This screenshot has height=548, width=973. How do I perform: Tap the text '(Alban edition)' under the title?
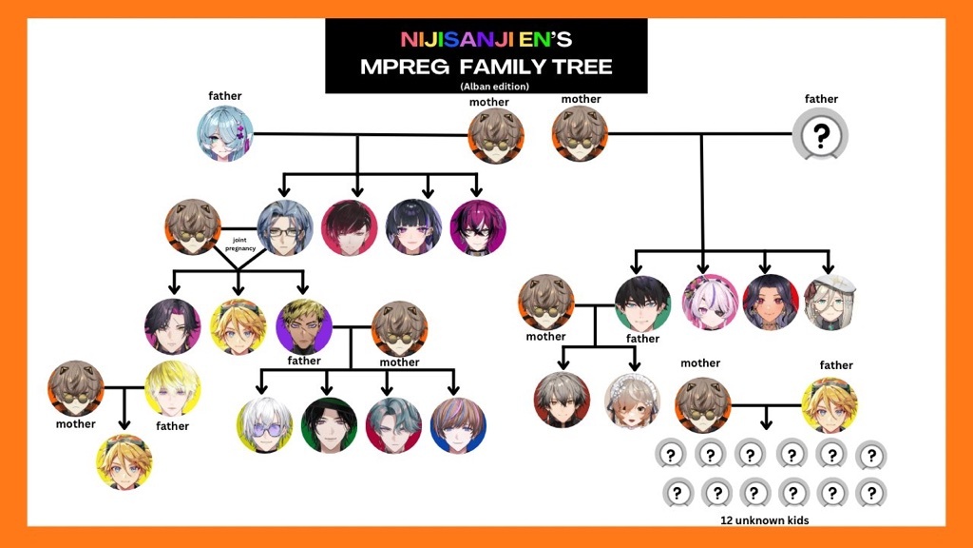(x=486, y=87)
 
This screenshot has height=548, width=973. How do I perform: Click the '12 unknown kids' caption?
(x=764, y=521)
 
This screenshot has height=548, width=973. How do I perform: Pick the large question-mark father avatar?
(x=821, y=134)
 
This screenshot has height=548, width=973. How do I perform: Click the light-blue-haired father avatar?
(x=226, y=134)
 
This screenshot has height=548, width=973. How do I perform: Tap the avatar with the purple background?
(x=304, y=327)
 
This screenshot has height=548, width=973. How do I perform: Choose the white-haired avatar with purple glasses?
(x=264, y=425)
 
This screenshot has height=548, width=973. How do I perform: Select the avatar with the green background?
(x=329, y=425)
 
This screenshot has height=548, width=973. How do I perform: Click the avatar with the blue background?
(x=458, y=425)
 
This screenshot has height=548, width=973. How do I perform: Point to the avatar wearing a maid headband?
(x=632, y=400)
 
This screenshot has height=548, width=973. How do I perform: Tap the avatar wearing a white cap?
(x=830, y=303)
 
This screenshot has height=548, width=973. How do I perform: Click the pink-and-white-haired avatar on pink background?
(x=710, y=303)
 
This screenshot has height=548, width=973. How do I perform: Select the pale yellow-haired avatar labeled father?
(x=173, y=388)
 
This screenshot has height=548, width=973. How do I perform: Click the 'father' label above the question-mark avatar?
(x=821, y=99)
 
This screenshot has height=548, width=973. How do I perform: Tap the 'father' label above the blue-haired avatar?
(x=225, y=96)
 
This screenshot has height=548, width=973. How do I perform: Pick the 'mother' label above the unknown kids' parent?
(x=700, y=363)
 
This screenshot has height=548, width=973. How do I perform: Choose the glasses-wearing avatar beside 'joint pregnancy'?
(x=285, y=227)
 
